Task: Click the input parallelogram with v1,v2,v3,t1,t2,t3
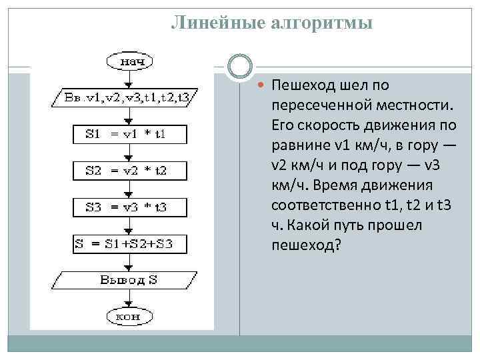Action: tap(125, 97)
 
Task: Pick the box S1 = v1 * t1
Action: tap(125, 134)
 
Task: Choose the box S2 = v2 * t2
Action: tap(125, 170)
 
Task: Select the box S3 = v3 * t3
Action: tap(125, 206)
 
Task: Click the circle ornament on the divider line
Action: tap(240, 67)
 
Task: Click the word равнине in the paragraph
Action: tap(299, 145)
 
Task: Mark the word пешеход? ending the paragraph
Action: tap(306, 245)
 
